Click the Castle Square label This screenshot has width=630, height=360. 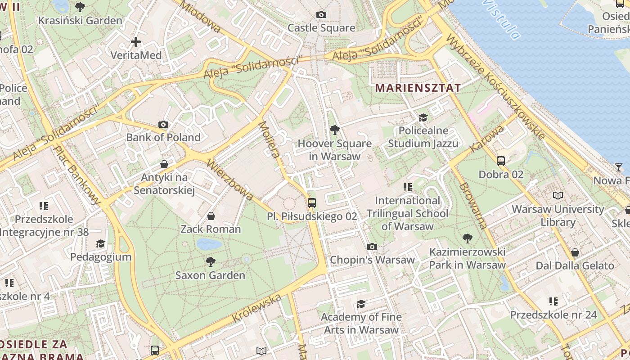tap(321, 28)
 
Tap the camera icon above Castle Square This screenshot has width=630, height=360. tap(321, 14)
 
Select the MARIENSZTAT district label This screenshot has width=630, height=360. tap(418, 88)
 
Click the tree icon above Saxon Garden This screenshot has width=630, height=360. tap(210, 261)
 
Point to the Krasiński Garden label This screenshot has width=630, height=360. tap(80, 21)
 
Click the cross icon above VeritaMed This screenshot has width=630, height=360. tap(136, 42)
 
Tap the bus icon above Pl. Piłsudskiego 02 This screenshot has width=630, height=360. tap(312, 203)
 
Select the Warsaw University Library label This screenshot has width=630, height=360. tap(558, 216)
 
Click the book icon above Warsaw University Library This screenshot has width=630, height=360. tap(558, 196)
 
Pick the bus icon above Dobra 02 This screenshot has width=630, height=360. tap(501, 161)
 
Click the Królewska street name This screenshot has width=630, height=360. tap(257, 308)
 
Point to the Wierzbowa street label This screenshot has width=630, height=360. tap(230, 179)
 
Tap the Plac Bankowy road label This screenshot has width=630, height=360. tap(77, 175)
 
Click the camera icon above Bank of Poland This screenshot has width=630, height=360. tap(163, 124)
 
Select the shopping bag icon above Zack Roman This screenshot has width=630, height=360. tap(211, 216)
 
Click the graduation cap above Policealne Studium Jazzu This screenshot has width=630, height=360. tap(423, 117)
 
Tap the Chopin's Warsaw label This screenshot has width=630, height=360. tap(372, 260)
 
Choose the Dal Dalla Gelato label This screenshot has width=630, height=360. tap(575, 265)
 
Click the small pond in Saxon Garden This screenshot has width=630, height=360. tap(209, 244)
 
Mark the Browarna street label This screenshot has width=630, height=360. tap(473, 206)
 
